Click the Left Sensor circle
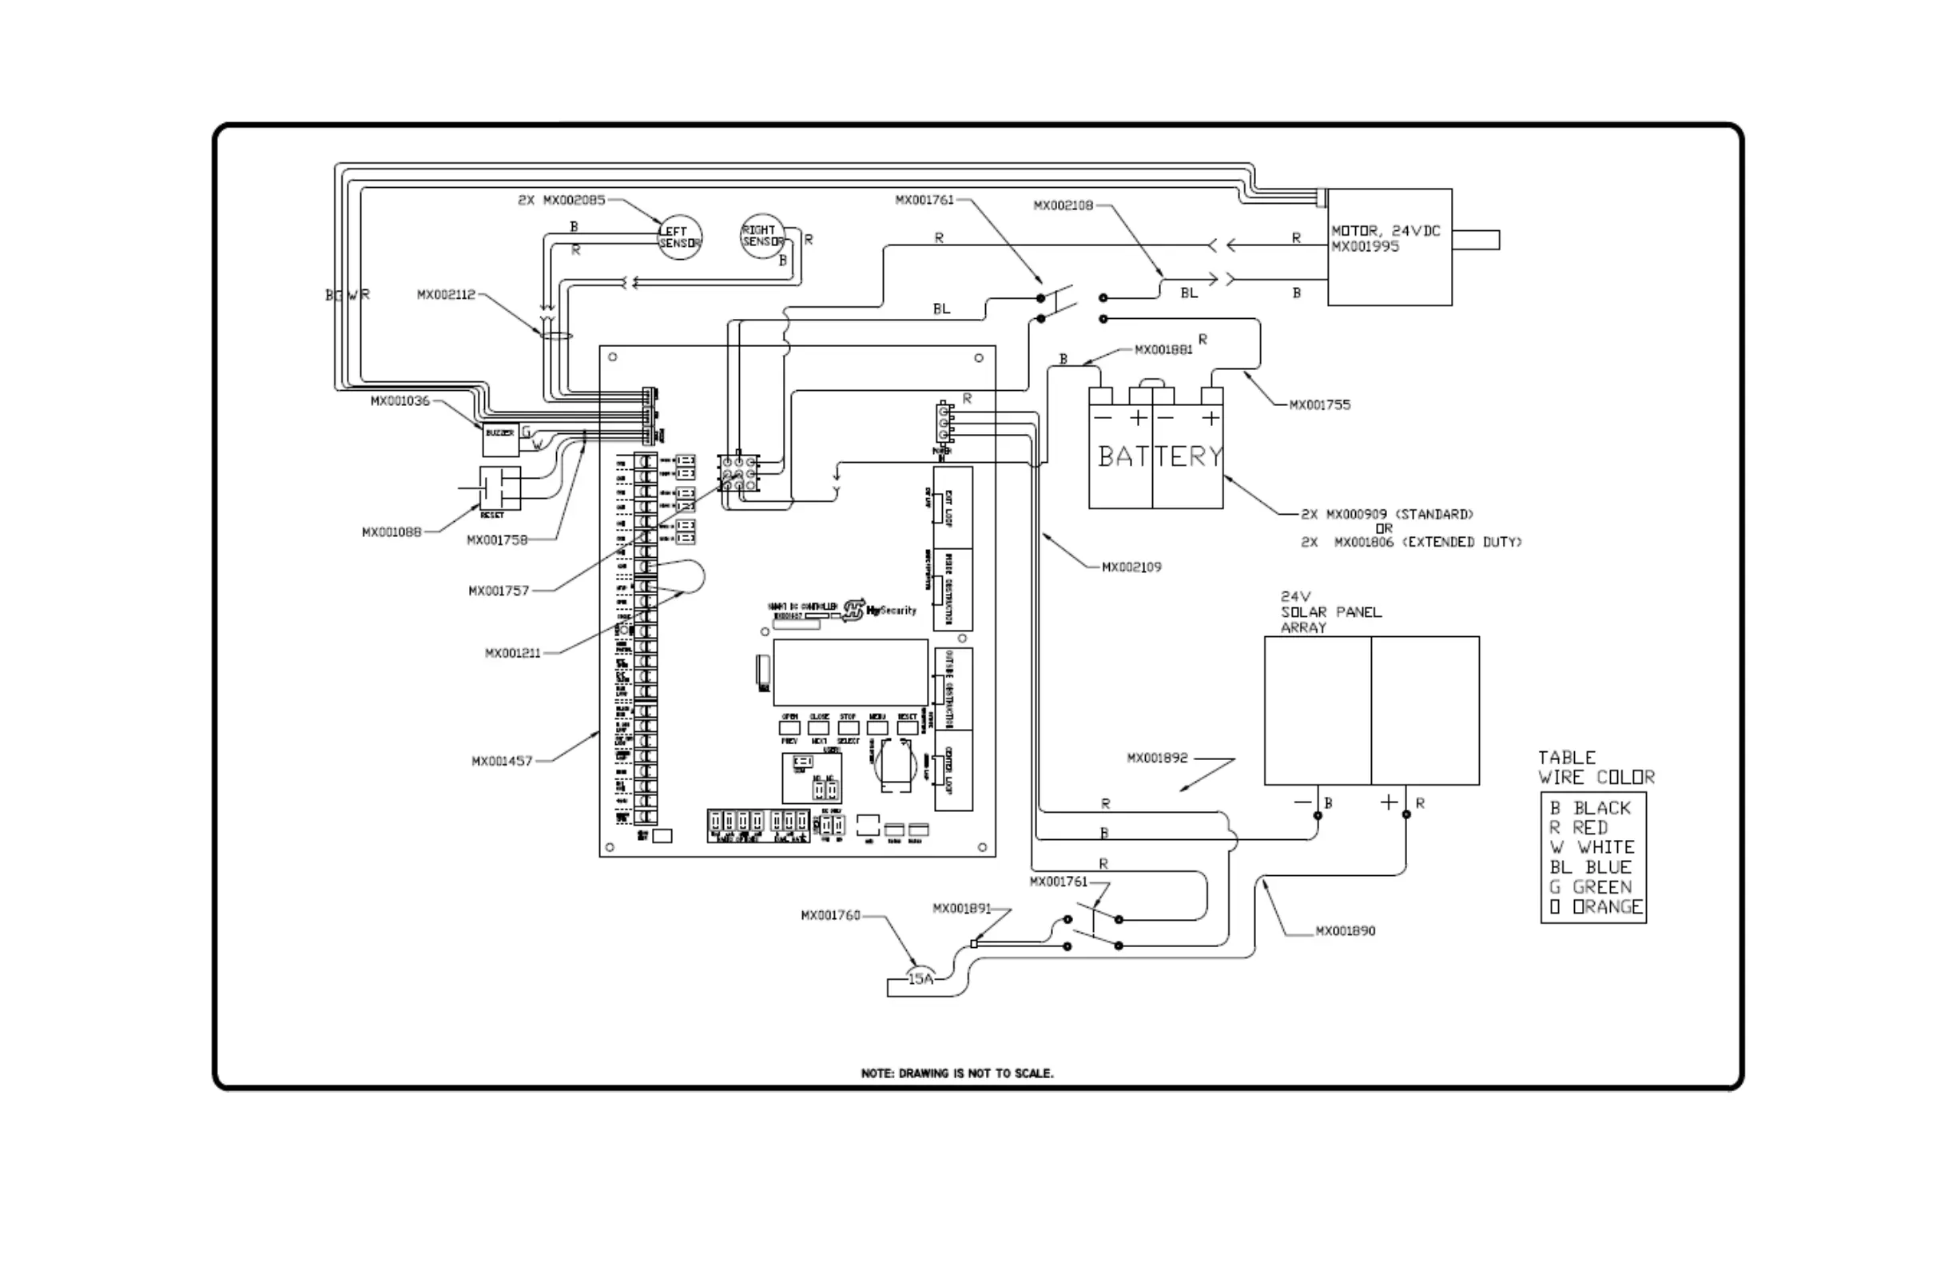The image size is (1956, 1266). point(680,237)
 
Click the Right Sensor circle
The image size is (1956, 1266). point(761,236)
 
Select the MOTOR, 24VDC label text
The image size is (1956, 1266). point(1385,231)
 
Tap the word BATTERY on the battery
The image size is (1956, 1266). point(1159,456)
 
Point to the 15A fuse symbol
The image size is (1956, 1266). point(920,978)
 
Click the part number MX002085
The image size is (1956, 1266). point(573,200)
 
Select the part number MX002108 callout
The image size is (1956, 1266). point(1063,205)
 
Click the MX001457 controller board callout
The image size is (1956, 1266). point(501,761)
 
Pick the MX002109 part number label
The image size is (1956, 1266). point(1131,567)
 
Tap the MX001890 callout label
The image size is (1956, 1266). point(1345,930)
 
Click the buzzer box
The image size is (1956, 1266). point(500,440)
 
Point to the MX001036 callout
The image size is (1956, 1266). point(400,401)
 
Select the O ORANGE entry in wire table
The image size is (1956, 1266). point(1595,907)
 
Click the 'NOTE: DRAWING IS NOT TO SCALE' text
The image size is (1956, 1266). point(956,1073)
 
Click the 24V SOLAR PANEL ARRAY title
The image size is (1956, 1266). point(1330,611)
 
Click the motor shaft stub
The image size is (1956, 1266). point(1475,240)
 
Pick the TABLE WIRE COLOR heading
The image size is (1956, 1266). point(1595,767)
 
